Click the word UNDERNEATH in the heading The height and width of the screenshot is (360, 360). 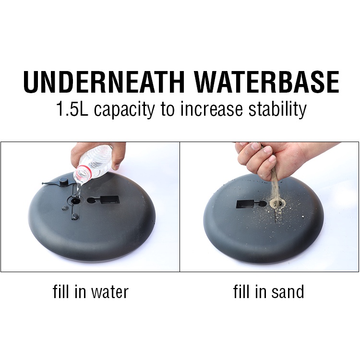coord(104,82)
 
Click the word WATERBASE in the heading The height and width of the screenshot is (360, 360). coord(267,82)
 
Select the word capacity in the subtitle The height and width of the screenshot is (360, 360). coord(124,110)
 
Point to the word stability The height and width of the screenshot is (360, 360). coord(277,110)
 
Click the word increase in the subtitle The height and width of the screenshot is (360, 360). coord(212,109)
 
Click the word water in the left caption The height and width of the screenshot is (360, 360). coord(110,292)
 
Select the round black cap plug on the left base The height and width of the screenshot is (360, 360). coord(64,181)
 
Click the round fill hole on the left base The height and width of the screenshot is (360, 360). coord(74,201)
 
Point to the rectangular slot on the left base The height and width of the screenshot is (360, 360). coord(110,200)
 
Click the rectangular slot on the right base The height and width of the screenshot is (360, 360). coord(245,204)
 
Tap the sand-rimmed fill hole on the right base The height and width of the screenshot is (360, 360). coord(277,203)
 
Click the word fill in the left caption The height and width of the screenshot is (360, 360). coord(61,291)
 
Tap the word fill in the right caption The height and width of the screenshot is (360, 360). coord(241,291)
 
